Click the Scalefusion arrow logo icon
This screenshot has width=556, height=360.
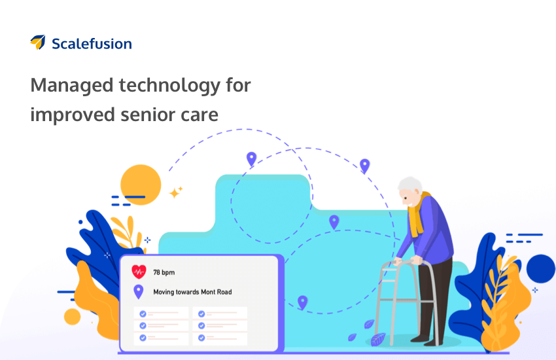click(x=38, y=42)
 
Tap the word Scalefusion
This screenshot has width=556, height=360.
click(x=92, y=44)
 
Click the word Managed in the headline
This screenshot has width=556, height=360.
click(x=72, y=86)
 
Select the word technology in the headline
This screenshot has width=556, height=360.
click(x=169, y=86)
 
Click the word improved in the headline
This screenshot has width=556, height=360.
click(x=73, y=115)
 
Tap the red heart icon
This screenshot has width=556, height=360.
click(x=139, y=272)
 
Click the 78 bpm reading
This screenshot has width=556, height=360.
click(x=164, y=272)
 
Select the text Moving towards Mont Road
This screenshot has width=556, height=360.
click(x=192, y=292)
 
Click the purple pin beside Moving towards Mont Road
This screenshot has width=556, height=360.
click(x=138, y=291)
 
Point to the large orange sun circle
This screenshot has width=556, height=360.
click(x=141, y=185)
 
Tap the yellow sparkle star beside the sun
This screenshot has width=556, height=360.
click(x=175, y=192)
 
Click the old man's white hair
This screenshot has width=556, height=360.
click(x=411, y=185)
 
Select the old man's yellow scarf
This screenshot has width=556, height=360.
click(x=417, y=215)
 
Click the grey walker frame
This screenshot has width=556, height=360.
click(x=406, y=301)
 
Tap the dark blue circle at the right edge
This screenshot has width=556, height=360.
click(x=540, y=268)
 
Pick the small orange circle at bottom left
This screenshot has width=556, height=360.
click(x=72, y=317)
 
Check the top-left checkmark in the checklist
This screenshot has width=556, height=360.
click(x=143, y=314)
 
